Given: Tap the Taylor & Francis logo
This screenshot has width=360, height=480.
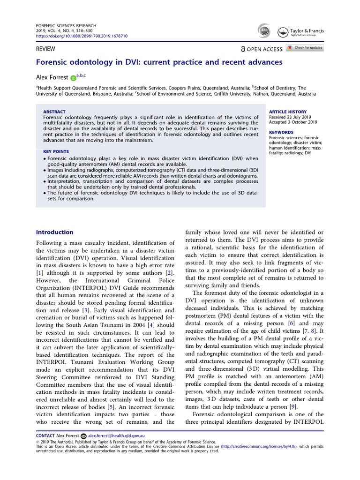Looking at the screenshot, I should point(307,32).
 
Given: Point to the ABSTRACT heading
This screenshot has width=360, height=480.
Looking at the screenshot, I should point(54,112).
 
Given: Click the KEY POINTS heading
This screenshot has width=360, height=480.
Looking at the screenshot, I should point(56,151).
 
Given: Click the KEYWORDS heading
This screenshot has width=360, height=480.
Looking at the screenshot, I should point(281,132).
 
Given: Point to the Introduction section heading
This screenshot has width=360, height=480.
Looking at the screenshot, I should point(55,232).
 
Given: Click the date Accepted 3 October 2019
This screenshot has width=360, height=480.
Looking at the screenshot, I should point(293,122).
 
